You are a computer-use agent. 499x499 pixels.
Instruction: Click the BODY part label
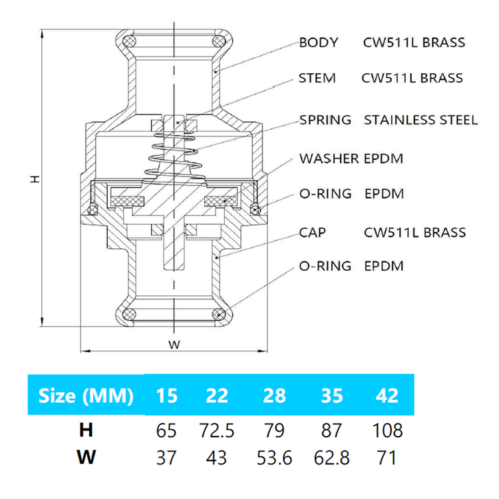coord(319,43)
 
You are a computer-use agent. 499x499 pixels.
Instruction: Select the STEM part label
coord(317,78)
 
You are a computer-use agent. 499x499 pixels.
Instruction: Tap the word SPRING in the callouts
coord(325,120)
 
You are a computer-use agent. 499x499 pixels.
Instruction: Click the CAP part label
coord(312,233)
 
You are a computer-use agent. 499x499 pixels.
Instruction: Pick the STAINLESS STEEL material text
coord(420,120)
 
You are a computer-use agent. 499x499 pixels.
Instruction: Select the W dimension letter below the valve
coord(174,345)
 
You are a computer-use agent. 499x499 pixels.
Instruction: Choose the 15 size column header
coord(167,396)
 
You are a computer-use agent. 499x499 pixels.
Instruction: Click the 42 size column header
coord(387,396)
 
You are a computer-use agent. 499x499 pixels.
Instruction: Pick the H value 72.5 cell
coord(217,430)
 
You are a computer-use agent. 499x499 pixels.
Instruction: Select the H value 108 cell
coord(387,430)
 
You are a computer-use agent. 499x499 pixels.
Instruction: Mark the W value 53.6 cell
coord(274,459)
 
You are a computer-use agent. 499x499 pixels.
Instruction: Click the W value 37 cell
coord(167,459)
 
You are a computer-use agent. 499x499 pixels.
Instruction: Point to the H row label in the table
coord(86,430)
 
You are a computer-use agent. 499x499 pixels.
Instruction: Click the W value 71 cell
coord(387,459)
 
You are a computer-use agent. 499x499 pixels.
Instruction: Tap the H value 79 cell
coord(274,430)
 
